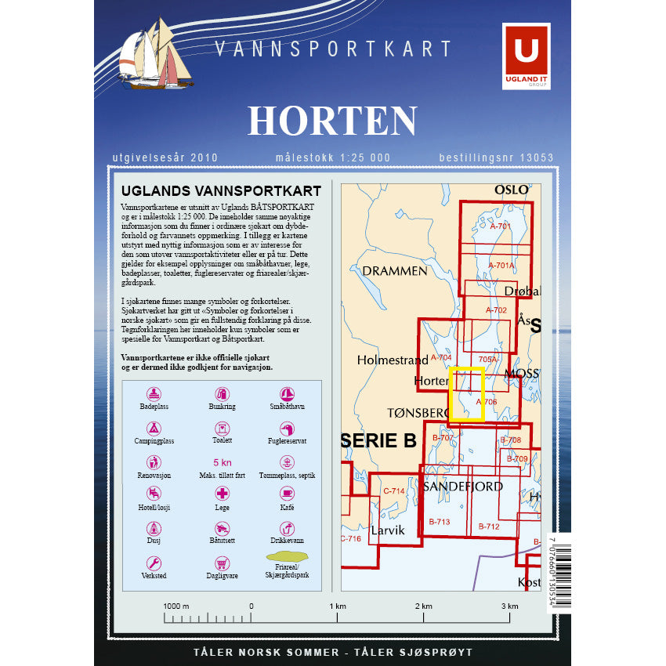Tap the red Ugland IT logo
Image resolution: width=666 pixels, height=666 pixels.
526,55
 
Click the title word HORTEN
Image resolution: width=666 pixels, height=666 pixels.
332,121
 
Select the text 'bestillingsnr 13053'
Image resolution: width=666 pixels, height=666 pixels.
496,157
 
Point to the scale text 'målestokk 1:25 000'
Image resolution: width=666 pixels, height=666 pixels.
332,157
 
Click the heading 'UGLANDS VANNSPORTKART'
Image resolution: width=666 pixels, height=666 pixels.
222,190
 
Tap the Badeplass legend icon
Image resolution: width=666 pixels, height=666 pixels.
154,394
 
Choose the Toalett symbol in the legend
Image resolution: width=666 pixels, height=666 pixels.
222,429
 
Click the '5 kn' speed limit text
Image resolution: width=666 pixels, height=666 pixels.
222,463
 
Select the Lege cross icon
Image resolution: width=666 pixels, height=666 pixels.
223,493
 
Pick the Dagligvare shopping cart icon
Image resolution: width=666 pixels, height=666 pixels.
222,563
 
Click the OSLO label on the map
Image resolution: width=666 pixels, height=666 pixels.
512,190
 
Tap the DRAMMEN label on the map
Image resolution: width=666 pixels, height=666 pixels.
395,270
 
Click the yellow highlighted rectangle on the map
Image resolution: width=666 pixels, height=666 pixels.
469,393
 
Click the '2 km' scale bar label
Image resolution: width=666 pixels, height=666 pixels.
422,606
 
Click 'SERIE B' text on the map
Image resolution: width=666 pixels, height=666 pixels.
380,441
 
